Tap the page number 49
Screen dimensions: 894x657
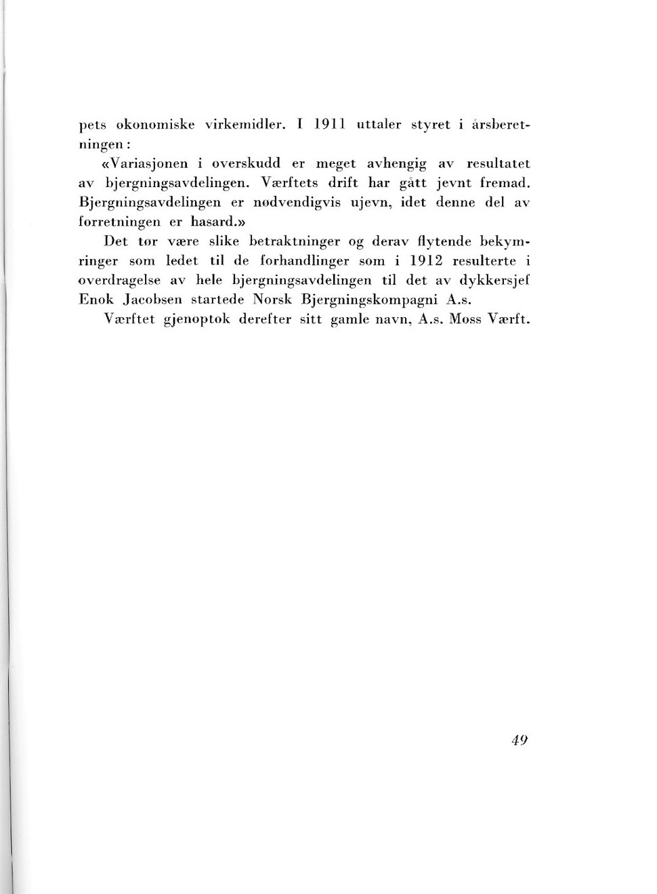click(520, 739)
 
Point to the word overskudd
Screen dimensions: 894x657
click(246, 163)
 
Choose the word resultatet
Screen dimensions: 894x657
click(498, 163)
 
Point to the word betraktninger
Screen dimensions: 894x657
click(295, 241)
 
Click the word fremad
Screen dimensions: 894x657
click(503, 183)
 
